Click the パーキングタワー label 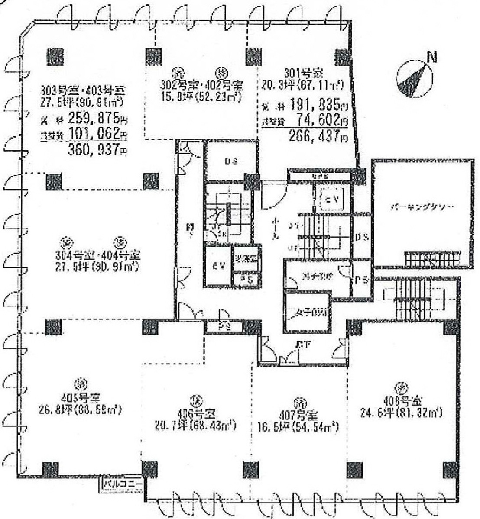pos(420,207)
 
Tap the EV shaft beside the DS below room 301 pos(331,200)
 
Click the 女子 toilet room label pos(307,312)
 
